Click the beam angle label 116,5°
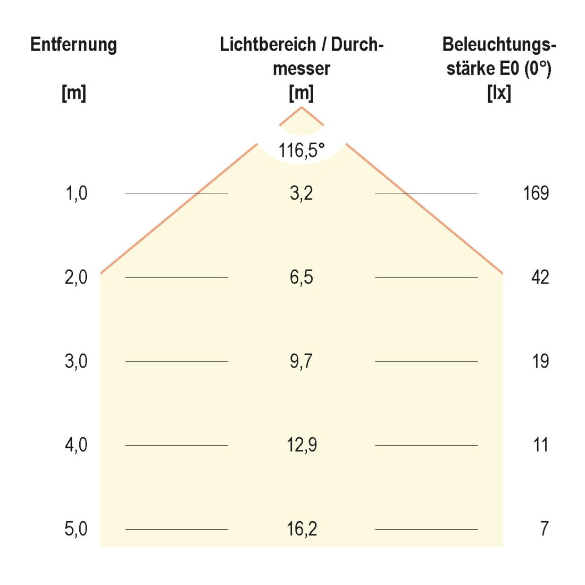tap(302, 151)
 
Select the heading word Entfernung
tap(73, 45)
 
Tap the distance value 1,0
tap(76, 194)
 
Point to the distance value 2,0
tap(76, 278)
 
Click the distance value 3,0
tap(76, 362)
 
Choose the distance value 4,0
tap(76, 445)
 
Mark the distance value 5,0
tap(76, 529)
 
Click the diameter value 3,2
tap(302, 194)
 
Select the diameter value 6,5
tap(302, 278)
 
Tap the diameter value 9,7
tap(302, 362)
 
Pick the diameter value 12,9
tap(302, 445)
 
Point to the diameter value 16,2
tap(302, 529)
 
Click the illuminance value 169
tap(536, 193)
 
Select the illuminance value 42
tap(540, 277)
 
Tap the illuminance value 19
tap(541, 361)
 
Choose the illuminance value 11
tap(541, 445)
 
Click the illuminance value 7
tap(545, 529)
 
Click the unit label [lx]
tap(499, 93)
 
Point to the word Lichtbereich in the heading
tap(268, 45)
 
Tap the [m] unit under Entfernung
tap(74, 93)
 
